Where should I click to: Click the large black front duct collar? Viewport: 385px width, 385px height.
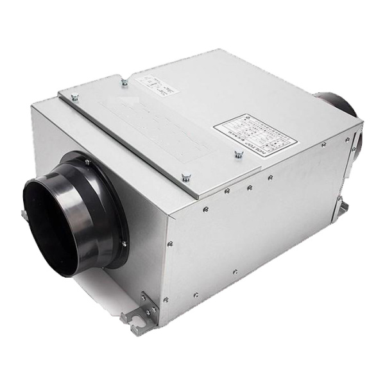click(71, 212)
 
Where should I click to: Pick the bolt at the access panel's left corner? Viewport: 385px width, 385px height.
click(75, 97)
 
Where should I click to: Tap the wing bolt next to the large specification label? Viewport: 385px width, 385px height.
click(239, 154)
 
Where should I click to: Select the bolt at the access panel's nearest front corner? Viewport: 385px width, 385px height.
click(186, 178)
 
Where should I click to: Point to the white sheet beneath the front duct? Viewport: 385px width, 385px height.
click(96, 289)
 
